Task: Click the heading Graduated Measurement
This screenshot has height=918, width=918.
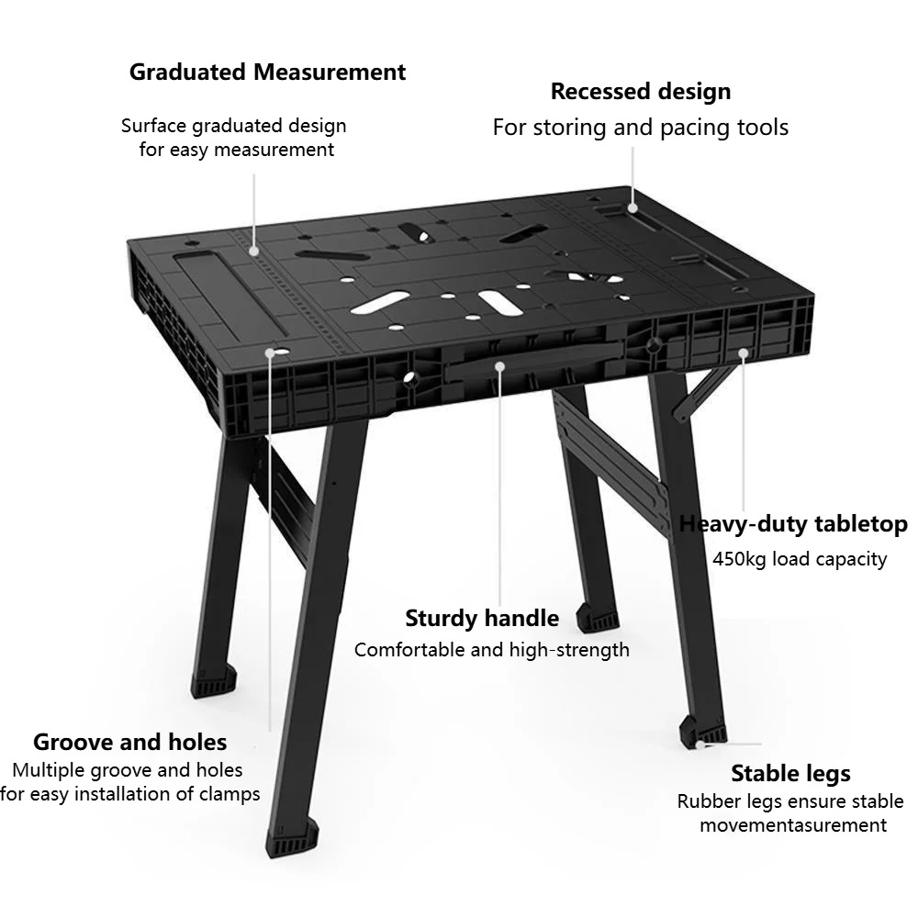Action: [x=267, y=72]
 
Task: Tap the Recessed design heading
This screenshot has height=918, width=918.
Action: [x=641, y=92]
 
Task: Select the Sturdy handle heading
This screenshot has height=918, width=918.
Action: [x=482, y=618]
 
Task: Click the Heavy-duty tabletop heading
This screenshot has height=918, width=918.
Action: [x=793, y=523]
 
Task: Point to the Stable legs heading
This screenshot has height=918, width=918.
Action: [x=790, y=773]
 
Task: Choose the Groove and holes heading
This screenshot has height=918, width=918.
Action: [x=130, y=742]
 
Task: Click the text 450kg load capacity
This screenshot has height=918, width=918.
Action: [x=800, y=559]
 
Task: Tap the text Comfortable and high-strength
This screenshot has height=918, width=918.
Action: [x=492, y=650]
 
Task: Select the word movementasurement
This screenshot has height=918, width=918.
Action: [x=793, y=825]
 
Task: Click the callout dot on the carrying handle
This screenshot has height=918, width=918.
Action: [x=499, y=366]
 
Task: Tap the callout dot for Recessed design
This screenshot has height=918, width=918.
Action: [x=633, y=207]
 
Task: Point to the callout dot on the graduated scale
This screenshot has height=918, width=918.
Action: [x=253, y=251]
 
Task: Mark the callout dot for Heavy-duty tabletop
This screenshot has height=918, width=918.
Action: [x=743, y=353]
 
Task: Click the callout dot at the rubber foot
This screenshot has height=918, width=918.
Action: [x=700, y=745]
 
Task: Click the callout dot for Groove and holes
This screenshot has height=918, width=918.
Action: [x=270, y=353]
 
